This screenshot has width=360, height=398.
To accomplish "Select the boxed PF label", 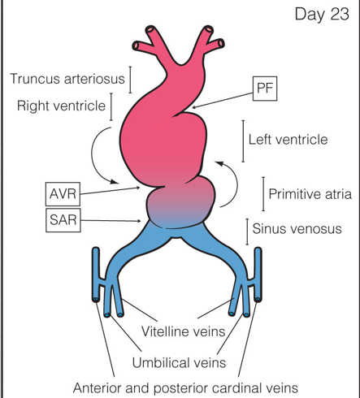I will [x=264, y=89].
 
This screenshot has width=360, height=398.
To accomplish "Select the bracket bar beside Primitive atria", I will [x=262, y=194].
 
